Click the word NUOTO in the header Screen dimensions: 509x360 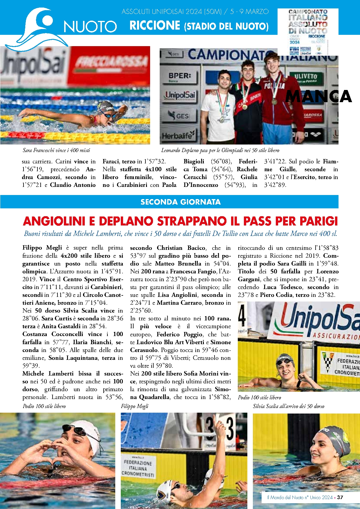tap(90, 27)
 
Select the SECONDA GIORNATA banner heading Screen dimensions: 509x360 tap(180, 202)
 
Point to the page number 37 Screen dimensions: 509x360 tap(340, 497)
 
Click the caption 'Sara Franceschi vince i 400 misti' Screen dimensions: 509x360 tap(56, 150)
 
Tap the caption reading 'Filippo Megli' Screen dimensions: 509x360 tap(134, 406)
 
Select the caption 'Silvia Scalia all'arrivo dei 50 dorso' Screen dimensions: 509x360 tap(288, 406)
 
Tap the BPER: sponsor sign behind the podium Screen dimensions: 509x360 tap(180, 76)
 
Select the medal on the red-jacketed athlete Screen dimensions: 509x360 tap(274, 102)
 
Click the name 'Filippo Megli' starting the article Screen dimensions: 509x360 tap(42, 248)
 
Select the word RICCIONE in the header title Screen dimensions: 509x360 tap(155, 26)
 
